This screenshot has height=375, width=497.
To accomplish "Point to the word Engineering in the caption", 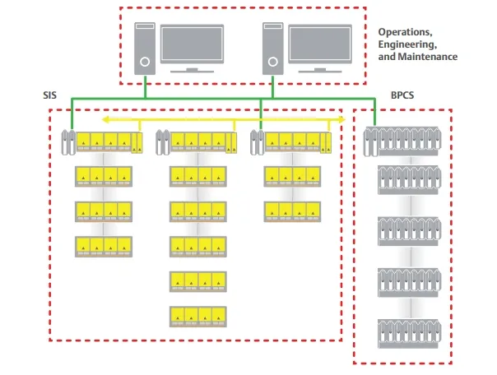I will pyautogui.click(x=407, y=45).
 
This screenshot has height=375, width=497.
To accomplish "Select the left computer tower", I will pyautogui.click(x=146, y=49).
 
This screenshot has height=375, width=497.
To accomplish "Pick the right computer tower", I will pyautogui.click(x=271, y=49).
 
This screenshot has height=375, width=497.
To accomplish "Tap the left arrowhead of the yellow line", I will pyautogui.click(x=105, y=120).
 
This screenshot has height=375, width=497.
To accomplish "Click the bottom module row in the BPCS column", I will pyautogui.click(x=407, y=331).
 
